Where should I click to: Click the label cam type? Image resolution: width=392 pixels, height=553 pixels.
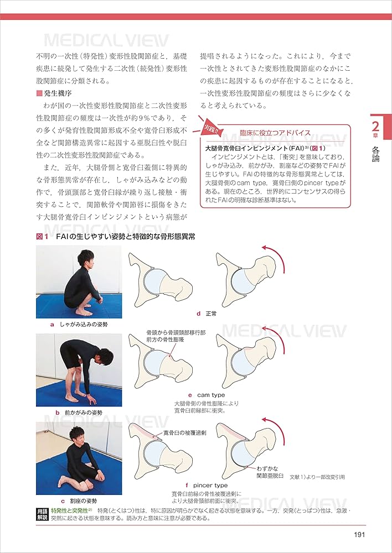tap(210, 395)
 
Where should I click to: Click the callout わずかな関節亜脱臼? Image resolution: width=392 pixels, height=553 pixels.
tap(270, 471)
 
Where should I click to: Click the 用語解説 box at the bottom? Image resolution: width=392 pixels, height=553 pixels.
tap(42, 514)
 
